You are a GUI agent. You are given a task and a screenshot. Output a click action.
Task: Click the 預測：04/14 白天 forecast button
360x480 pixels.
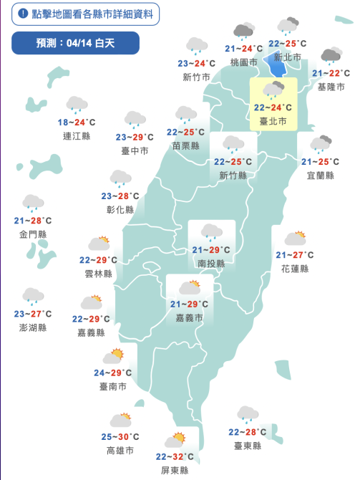[x=73, y=44]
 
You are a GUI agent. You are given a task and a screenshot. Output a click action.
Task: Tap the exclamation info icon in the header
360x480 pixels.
[x=24, y=14]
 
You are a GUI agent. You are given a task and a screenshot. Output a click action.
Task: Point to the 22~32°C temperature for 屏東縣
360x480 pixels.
[x=174, y=457]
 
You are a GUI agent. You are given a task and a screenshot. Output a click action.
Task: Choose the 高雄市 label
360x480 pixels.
[x=120, y=451]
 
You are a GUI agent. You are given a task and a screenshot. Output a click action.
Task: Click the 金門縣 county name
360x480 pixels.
[x=33, y=234]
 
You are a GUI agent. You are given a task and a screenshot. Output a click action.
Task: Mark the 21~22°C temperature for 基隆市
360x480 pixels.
[x=331, y=74]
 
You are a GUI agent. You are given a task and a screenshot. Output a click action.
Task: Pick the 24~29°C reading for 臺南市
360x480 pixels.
[x=113, y=373]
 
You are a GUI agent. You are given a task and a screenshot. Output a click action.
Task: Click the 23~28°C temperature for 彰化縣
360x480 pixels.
[x=120, y=196]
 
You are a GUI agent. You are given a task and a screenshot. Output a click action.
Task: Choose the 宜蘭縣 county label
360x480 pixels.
[x=320, y=175]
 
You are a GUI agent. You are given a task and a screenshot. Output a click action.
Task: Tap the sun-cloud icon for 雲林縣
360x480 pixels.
[x=98, y=244]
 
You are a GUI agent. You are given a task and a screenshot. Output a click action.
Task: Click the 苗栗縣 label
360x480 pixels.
[x=185, y=145]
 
